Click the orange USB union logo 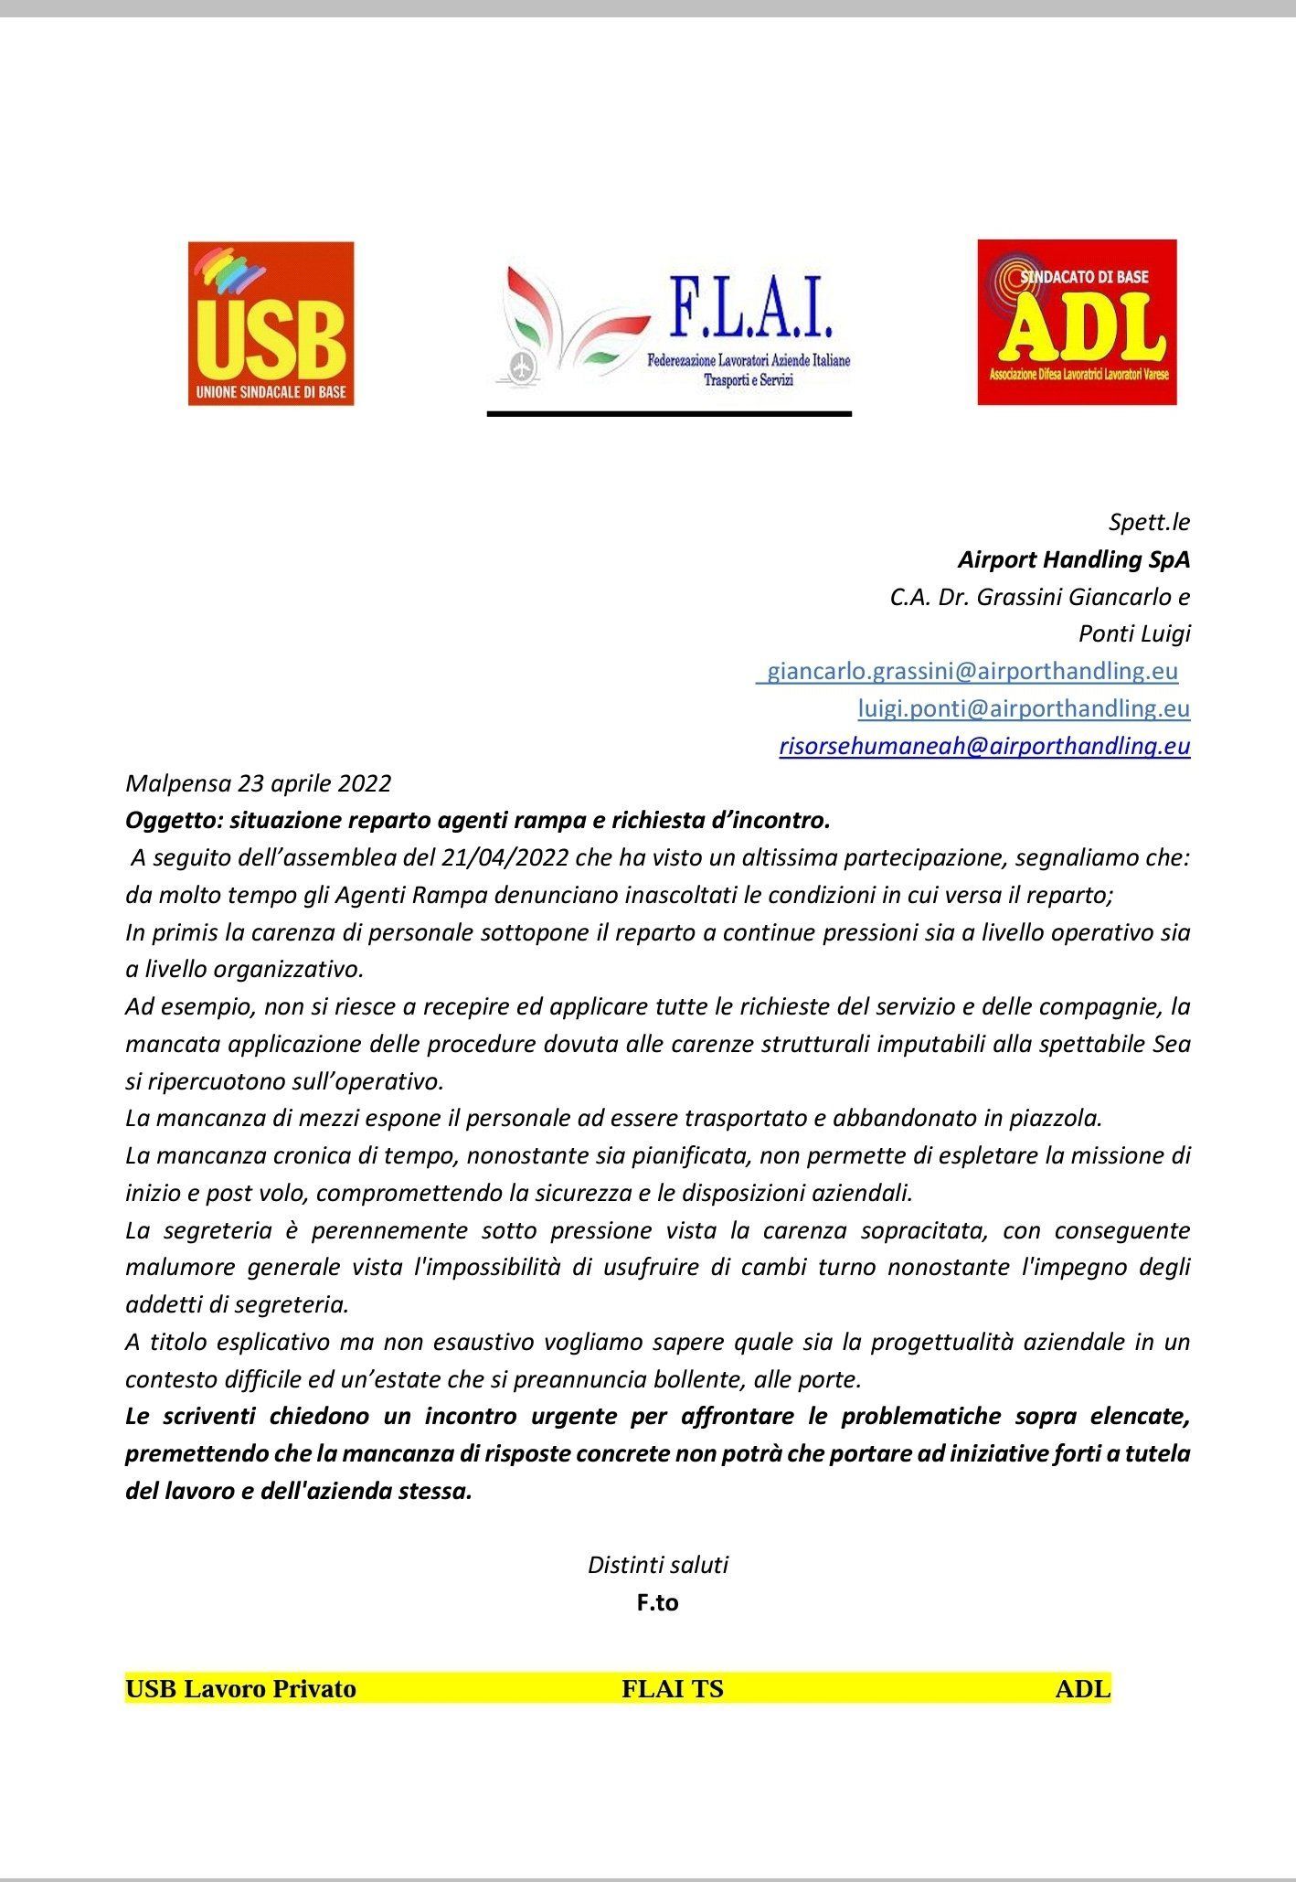click(271, 324)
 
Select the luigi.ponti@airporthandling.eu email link click(1024, 708)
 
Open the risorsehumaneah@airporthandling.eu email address click(984, 746)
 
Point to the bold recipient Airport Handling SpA click(1074, 558)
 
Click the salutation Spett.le click(1149, 522)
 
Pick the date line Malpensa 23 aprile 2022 click(258, 783)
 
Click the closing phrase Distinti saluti click(657, 1565)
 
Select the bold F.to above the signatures click(657, 1602)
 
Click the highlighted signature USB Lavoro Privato click(240, 1688)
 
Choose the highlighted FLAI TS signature click(672, 1688)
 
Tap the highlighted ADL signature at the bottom click(1082, 1688)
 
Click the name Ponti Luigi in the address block click(1134, 633)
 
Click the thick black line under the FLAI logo click(669, 414)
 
